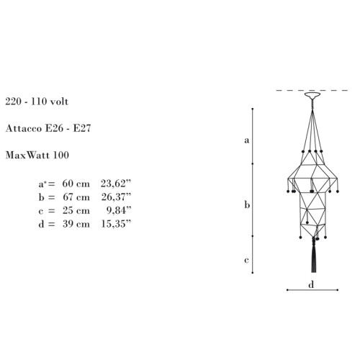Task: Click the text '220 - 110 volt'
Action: [x=37, y=102]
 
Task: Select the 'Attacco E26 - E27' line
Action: [x=48, y=128]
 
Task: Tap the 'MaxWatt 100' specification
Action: [x=37, y=155]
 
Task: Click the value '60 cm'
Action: [x=76, y=184]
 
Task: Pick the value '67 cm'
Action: [x=76, y=197]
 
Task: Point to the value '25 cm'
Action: [x=76, y=210]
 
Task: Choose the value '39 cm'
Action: [x=76, y=224]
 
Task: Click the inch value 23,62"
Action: [x=116, y=184]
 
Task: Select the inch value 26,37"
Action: [x=116, y=197]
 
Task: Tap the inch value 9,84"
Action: [x=119, y=210]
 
